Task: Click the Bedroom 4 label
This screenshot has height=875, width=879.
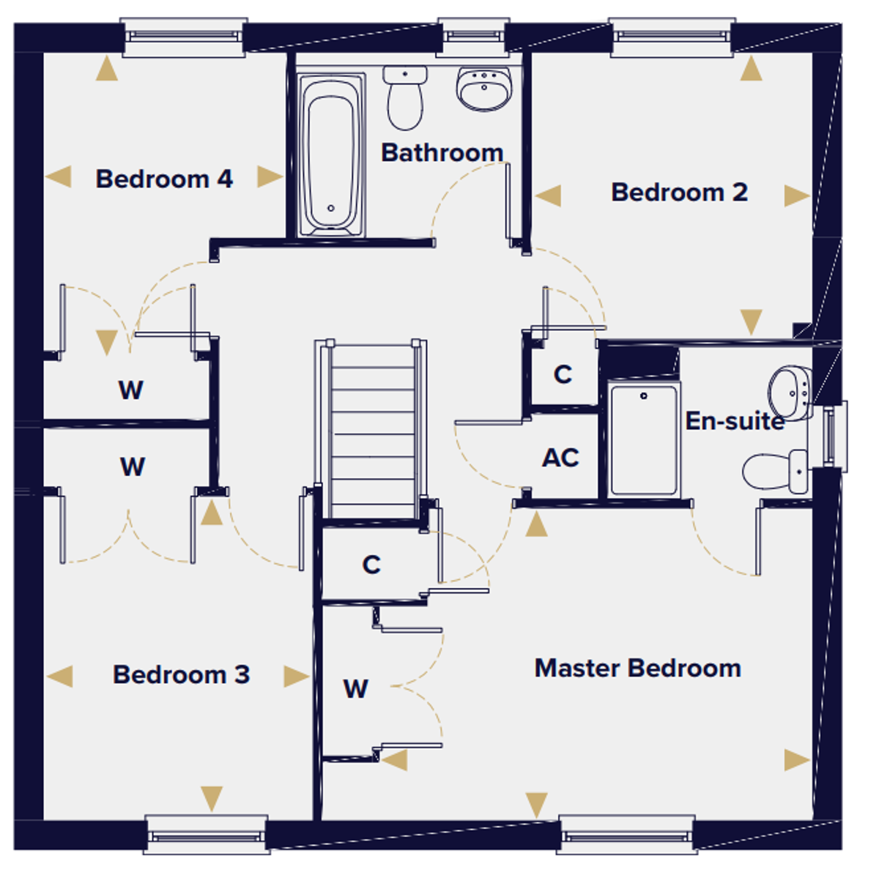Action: coord(164,179)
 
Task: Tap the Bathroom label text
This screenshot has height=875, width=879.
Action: coord(442,152)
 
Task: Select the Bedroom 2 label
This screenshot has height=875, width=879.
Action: coord(679,192)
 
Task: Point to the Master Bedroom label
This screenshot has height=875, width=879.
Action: coord(638,669)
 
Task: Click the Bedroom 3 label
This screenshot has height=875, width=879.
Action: coord(181,674)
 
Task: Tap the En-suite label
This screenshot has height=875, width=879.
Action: coord(735,421)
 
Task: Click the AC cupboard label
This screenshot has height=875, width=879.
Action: coord(560,458)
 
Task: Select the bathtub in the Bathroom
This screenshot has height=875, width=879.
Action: coord(330,155)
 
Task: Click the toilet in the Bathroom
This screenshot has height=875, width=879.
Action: coord(405,98)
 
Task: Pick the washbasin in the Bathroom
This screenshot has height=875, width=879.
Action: coord(484,89)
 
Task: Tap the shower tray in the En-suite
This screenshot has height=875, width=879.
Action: coord(644,441)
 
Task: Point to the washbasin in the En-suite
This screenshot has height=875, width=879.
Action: coord(790,393)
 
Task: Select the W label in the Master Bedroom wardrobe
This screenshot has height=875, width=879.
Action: coord(356,689)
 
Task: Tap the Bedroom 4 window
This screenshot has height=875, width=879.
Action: coord(184,37)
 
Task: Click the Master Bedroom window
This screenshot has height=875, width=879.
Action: coord(627,835)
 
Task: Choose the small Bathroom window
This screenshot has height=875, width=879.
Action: coord(473,37)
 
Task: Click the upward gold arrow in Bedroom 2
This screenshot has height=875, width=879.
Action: coord(751,68)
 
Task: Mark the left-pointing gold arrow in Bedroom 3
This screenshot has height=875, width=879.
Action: coord(60,676)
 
